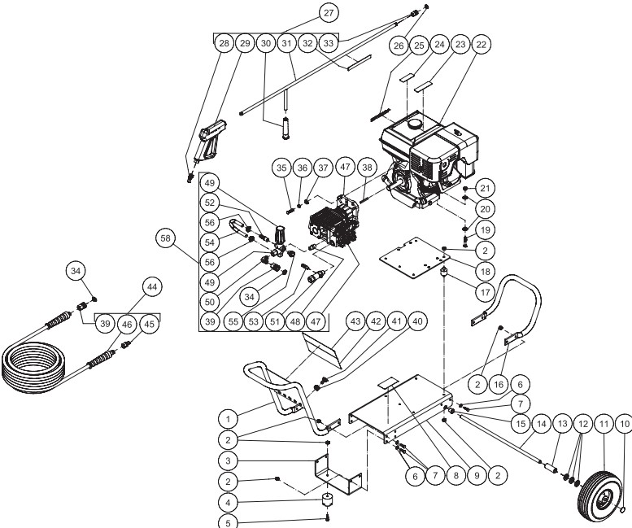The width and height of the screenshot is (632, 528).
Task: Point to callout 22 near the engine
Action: [482, 45]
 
